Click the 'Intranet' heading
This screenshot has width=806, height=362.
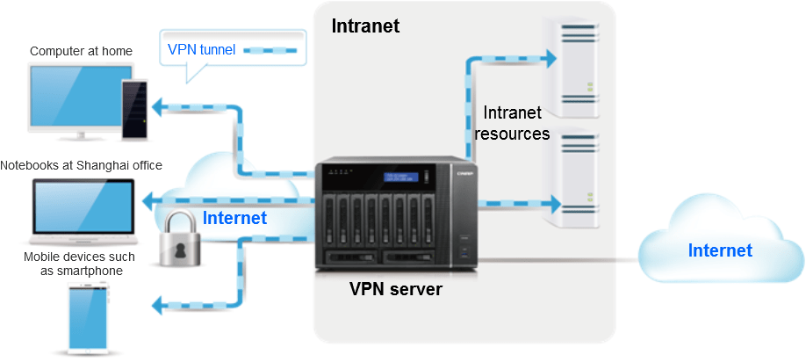pos(365,26)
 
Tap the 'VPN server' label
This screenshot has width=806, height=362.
pos(396,289)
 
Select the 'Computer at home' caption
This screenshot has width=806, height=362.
pos(81,51)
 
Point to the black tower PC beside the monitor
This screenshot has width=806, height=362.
pos(133,109)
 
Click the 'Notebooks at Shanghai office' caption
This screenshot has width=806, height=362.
pos(81,165)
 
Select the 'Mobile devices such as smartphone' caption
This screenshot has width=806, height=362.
pos(81,264)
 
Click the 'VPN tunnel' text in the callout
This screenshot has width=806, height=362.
pos(201,50)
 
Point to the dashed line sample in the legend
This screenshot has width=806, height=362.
pos(270,50)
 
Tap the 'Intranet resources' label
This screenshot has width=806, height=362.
pos(515,123)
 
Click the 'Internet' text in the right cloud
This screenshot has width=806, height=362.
pos(720,250)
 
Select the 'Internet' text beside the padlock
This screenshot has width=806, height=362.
pos(234,218)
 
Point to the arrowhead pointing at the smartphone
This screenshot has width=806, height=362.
pos(158,306)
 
